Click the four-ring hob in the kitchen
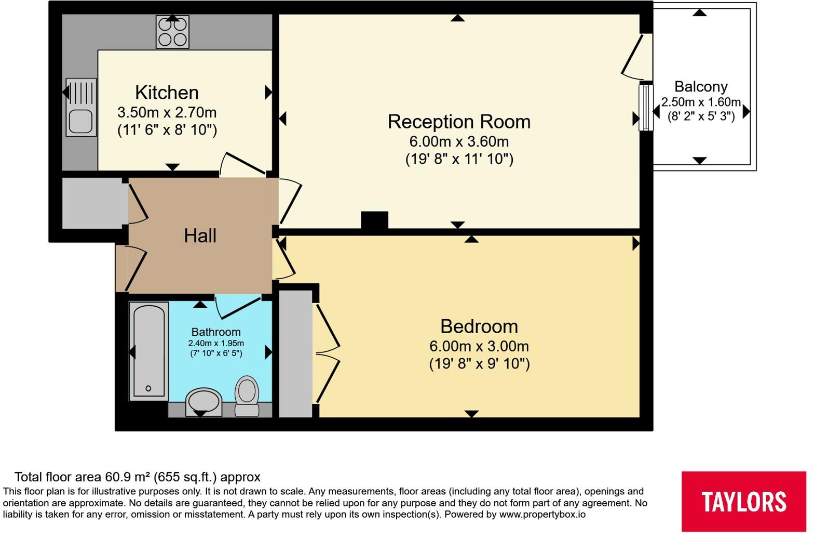pos(172,32)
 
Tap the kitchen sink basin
pos(81,122)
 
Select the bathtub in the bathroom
pos(149,351)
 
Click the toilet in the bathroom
pos(247,396)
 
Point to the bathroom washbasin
pos(203,402)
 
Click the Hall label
pos(200,236)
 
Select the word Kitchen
pos(167,93)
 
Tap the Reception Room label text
pos(459,122)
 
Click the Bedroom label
pos(479,326)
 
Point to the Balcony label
pos(701,87)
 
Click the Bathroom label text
pos(216,332)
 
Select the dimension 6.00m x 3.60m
pos(459,141)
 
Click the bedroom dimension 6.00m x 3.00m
pos(479,346)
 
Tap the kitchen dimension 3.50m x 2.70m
pos(167,112)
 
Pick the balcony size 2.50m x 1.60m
pos(701,102)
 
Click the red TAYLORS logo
pos(744,502)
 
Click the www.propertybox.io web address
pos(542,515)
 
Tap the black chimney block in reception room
pos(374,220)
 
